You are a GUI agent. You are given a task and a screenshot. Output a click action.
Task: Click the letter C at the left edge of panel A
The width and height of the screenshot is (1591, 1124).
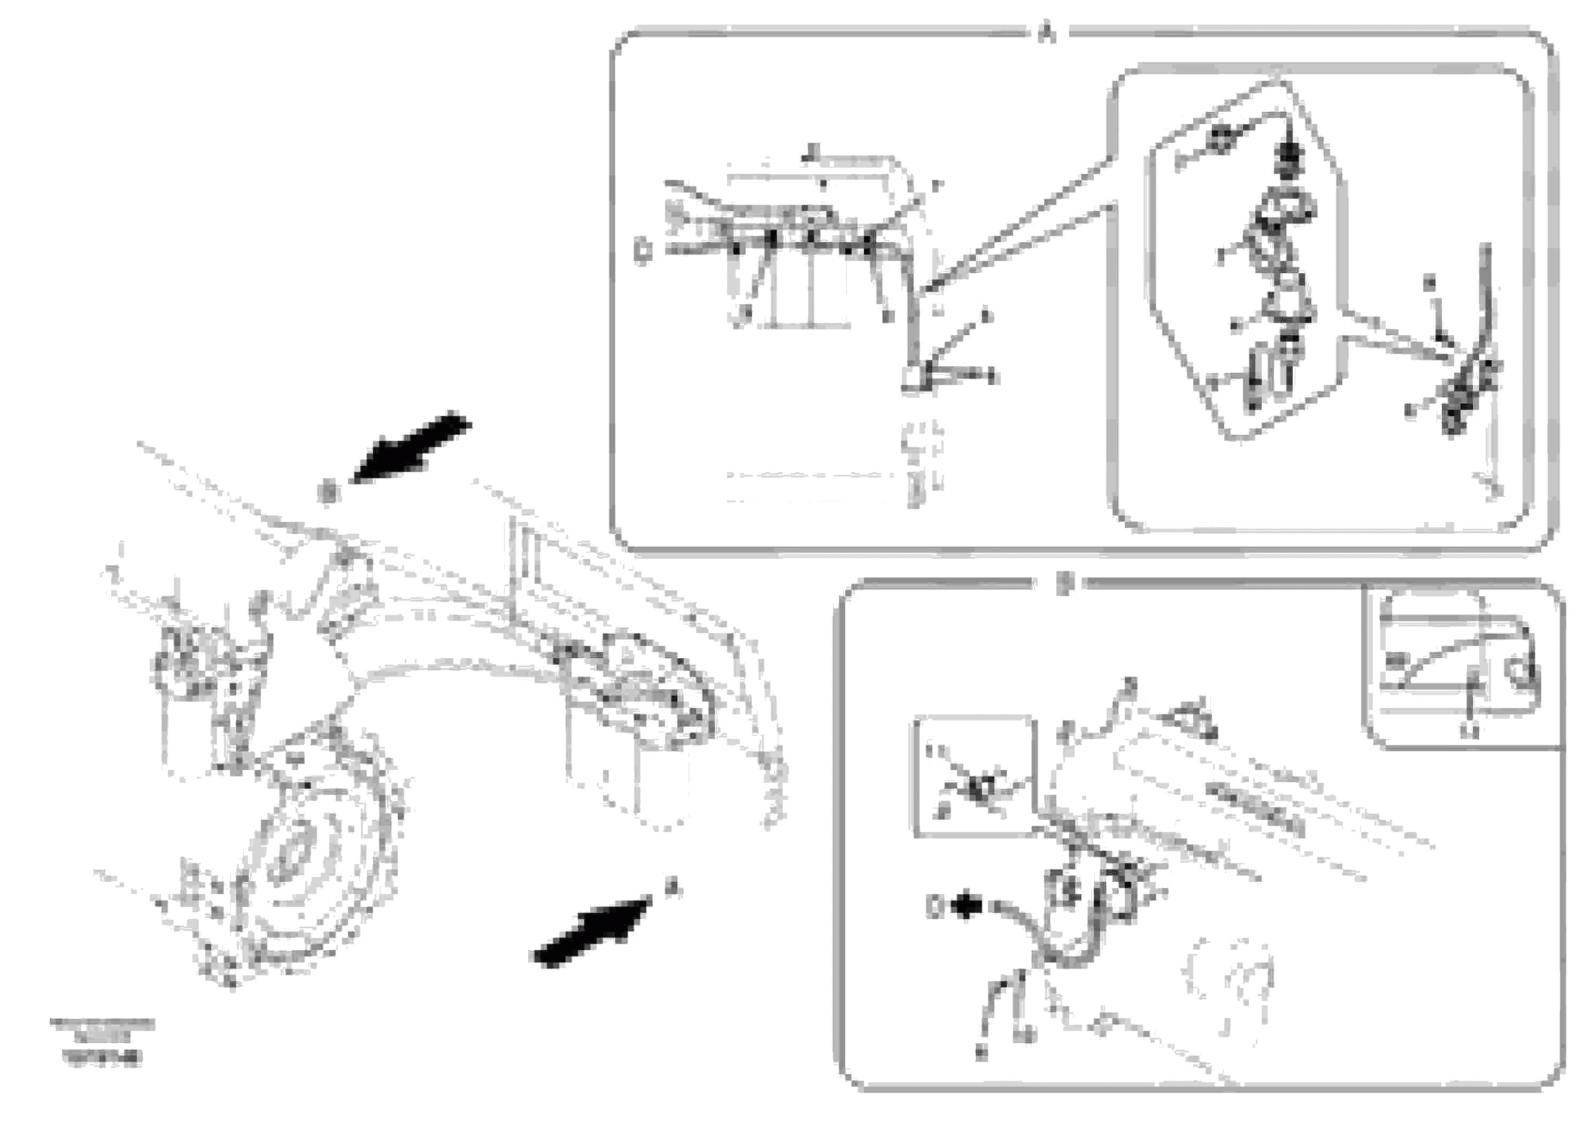pos(643,250)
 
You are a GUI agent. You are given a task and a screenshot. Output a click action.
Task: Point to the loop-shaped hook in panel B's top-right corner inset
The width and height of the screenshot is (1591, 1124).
pos(1523,670)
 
